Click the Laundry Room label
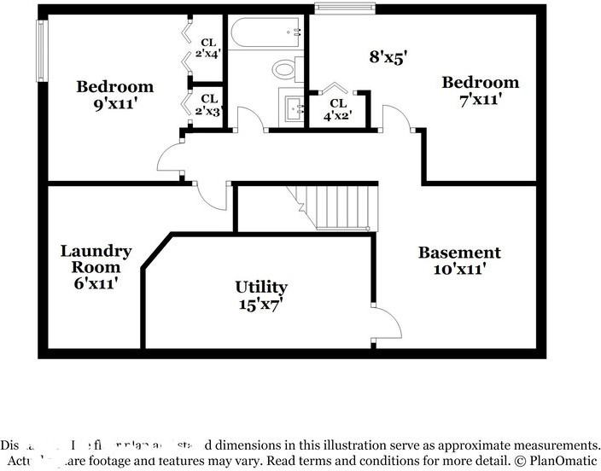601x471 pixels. pos(96,259)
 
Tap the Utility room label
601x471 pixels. pos(261,287)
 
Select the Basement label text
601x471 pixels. pos(459,253)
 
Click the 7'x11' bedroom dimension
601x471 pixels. pos(480,98)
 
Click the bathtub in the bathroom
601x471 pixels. pos(266,32)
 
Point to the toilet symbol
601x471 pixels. pos(285,67)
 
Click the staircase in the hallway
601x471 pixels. pos(341,206)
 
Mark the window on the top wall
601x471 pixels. pos(345,9)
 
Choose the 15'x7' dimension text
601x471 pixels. pos(261,303)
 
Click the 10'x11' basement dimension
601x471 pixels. pos(459,269)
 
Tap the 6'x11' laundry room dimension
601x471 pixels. pos(96,282)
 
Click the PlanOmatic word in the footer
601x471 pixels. pos(558,461)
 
